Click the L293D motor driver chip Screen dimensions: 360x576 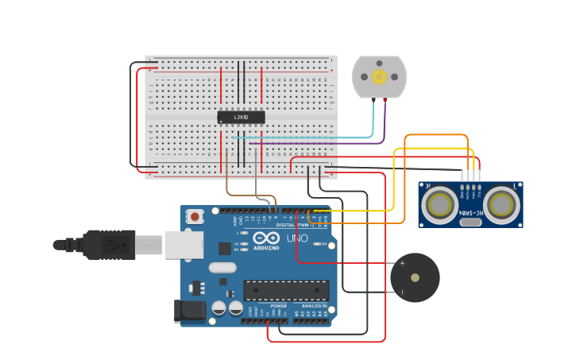coord(241,118)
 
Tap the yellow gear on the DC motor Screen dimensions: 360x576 coord(379,76)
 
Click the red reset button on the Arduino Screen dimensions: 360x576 coord(195,215)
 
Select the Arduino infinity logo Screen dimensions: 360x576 coord(266,238)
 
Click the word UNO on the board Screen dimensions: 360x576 coord(296,238)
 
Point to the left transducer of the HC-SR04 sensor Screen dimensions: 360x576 coord(439,206)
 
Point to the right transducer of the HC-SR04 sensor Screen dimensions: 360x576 coord(501,206)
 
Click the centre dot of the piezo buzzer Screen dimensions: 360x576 coord(415,277)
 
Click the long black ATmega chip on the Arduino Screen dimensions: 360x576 coord(286,291)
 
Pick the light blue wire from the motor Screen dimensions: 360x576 coord(372,123)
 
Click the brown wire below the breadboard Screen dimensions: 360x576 coord(227,179)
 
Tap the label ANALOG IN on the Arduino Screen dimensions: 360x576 coord(314,306)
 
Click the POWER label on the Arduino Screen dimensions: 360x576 coord(278,306)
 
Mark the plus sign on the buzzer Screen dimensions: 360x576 coord(402,263)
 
